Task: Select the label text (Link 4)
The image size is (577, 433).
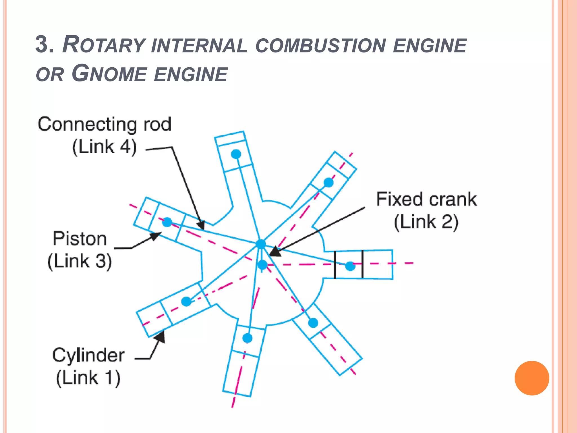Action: (x=105, y=147)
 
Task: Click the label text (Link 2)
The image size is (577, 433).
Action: (x=426, y=222)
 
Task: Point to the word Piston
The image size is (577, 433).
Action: (x=80, y=239)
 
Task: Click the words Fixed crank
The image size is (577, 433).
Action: (x=426, y=199)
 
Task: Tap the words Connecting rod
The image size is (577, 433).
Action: (x=105, y=124)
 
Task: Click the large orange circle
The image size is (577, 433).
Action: (x=532, y=378)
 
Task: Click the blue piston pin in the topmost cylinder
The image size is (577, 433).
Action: (x=236, y=154)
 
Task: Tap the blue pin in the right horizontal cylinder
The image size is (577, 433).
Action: (x=350, y=266)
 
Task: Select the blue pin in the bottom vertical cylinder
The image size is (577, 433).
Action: (x=247, y=337)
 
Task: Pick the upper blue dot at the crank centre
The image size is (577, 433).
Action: (x=261, y=244)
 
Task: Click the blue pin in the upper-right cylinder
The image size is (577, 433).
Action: (x=329, y=182)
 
